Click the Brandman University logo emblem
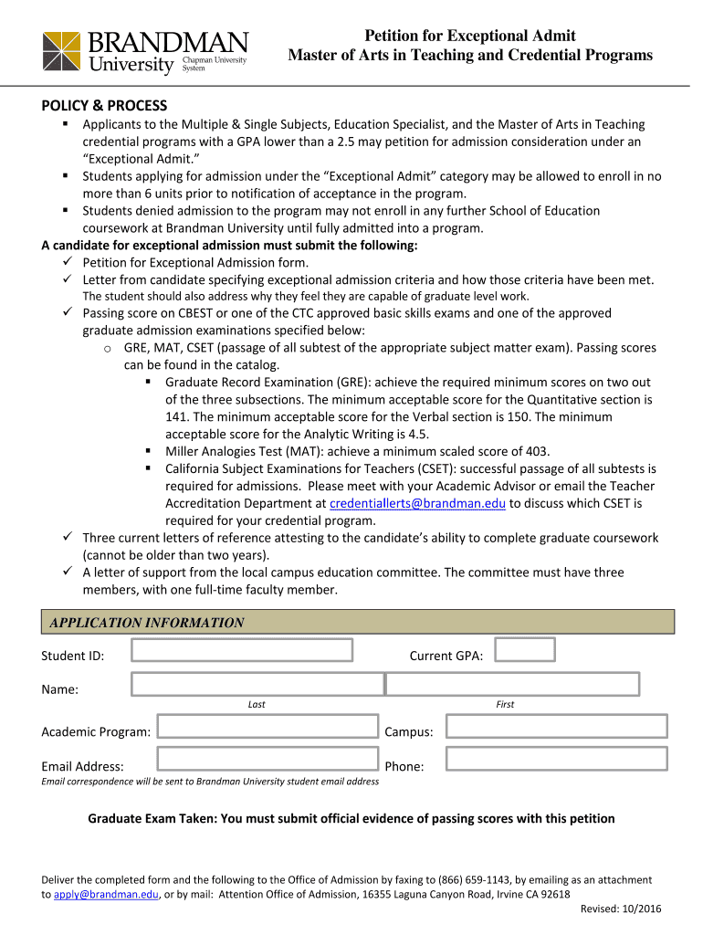[x=62, y=52]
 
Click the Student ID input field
[x=242, y=650]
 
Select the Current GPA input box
[x=525, y=649]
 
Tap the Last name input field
[x=257, y=684]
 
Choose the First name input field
[x=512, y=684]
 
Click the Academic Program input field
[x=268, y=727]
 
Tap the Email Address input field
[x=268, y=759]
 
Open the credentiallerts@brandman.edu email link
[x=417, y=503]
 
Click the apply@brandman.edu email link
[x=106, y=895]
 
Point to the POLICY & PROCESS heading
[x=104, y=105]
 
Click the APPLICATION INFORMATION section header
[x=147, y=623]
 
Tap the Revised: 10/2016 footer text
[x=621, y=909]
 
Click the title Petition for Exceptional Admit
[x=470, y=36]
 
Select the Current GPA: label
[x=446, y=657]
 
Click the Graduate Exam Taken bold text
[x=351, y=819]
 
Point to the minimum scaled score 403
[x=538, y=451]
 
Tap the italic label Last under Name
[x=257, y=704]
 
